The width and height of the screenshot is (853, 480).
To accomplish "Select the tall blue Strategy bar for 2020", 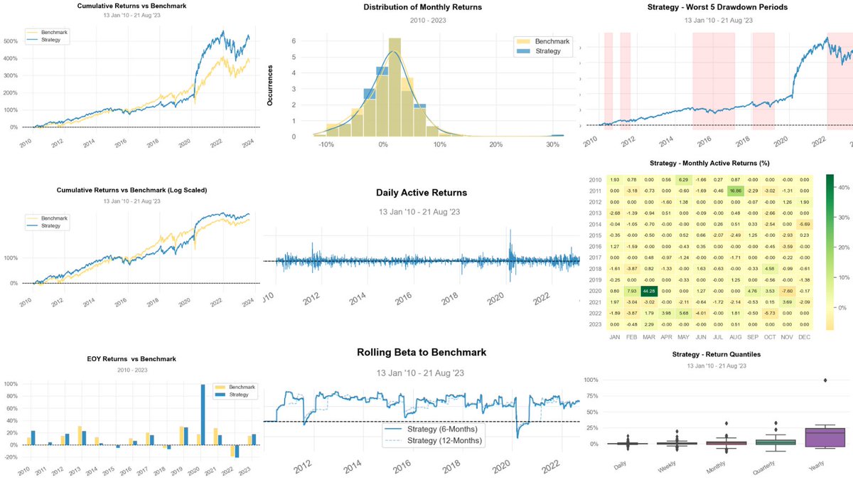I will pos(203,415).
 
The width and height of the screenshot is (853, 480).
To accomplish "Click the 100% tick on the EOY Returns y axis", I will pos(12,384).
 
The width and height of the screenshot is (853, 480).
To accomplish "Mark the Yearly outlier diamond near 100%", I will pos(825,380).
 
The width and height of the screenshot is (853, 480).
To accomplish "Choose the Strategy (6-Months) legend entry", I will pos(437,429).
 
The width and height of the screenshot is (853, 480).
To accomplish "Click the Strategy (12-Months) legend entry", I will pos(437,441).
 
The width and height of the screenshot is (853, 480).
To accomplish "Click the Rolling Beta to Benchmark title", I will pos(422,353).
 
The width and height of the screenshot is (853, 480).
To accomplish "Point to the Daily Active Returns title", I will pos(422,193).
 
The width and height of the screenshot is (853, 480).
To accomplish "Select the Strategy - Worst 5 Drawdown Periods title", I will pos(713,7).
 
